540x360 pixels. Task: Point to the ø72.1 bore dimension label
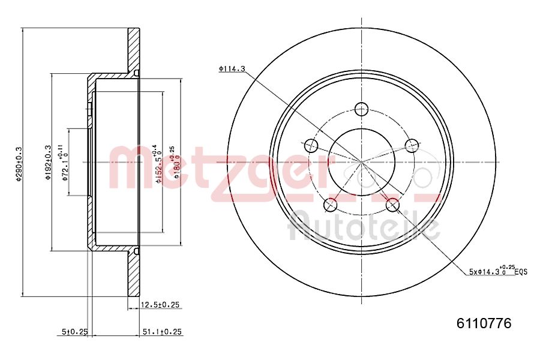pyautogui.click(x=64, y=163)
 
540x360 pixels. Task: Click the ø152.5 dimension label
pyautogui.click(x=158, y=163)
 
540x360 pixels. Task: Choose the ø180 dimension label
pyautogui.click(x=175, y=163)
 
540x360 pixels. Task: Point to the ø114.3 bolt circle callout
pyautogui.click(x=232, y=69)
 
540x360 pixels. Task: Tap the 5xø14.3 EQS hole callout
pyautogui.click(x=497, y=271)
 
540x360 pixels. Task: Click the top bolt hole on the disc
pyautogui.click(x=361, y=109)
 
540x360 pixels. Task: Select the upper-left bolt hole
pyautogui.click(x=311, y=145)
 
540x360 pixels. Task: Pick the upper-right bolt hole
pyautogui.click(x=411, y=145)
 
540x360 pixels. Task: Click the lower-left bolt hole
pyautogui.click(x=330, y=205)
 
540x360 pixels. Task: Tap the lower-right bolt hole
pyautogui.click(x=392, y=205)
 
